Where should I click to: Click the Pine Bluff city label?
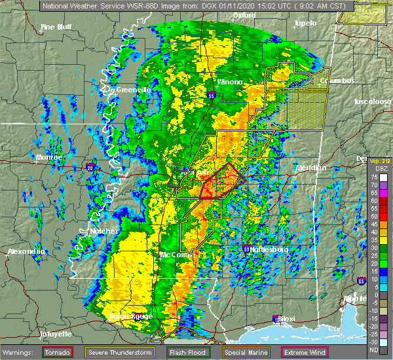[56, 27]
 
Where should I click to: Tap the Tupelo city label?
[305, 23]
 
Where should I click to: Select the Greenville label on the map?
[134, 90]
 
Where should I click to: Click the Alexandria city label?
[26, 252]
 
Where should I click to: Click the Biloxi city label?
[285, 319]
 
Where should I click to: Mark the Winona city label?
[230, 82]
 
